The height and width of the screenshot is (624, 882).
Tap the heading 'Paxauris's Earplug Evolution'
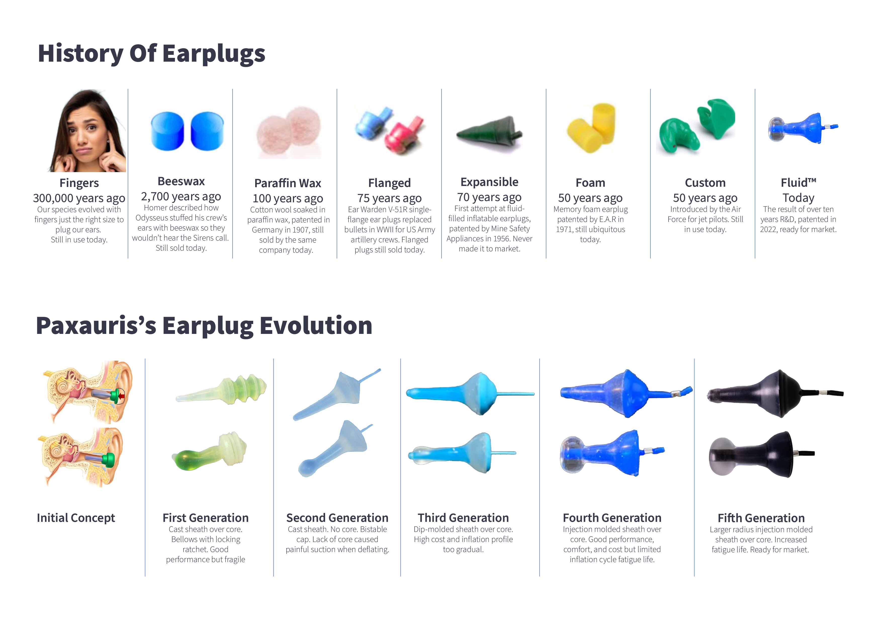point(204,326)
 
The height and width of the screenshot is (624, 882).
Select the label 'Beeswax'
point(181,181)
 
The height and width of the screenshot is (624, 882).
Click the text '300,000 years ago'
point(79,198)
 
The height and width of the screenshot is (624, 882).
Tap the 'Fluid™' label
point(798,183)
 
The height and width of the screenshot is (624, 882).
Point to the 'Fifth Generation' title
point(761,518)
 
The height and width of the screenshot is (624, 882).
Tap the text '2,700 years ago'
point(181,197)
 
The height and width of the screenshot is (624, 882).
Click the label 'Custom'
point(705,183)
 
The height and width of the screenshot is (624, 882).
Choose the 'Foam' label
point(590,183)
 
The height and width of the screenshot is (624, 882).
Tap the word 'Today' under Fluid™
point(798,198)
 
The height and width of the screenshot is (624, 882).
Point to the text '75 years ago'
point(389,198)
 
